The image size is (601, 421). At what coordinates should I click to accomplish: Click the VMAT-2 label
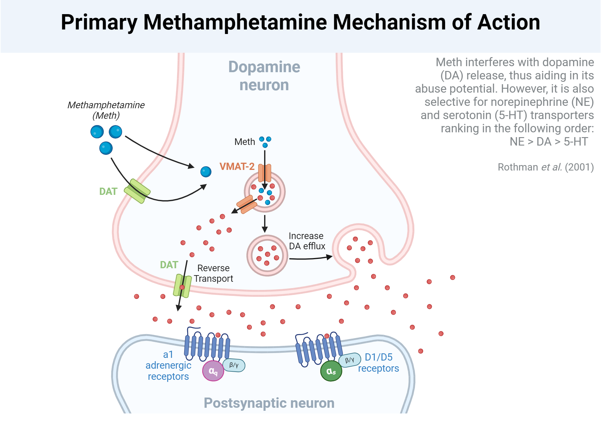pos(237,166)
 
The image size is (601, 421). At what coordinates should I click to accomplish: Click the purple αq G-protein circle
pos(213,371)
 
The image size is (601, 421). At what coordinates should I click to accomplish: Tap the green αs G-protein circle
pos(331,371)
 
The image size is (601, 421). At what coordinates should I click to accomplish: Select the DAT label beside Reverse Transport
pos(169,265)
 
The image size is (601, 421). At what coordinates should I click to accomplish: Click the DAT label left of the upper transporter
pos(108,191)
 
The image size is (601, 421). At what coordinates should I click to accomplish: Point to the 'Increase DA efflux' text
pos(307,241)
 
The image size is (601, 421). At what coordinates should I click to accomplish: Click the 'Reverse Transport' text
pos(213,273)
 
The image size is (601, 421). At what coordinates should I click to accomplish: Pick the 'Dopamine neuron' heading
pos(264,76)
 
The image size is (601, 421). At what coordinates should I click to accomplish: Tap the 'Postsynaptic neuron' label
pos(269,403)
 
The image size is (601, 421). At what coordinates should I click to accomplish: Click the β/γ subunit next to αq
pos(234,365)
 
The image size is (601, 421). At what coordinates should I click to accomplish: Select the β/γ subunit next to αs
pos(349,360)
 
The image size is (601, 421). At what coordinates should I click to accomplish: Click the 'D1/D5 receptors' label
pos(378,363)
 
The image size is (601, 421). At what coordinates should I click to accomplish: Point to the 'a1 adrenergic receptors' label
pos(168,365)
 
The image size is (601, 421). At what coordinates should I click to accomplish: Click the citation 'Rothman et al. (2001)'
pos(545,167)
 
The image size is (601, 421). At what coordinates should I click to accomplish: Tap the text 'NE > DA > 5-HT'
pos(549,141)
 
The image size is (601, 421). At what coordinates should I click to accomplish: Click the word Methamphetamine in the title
pos(235,22)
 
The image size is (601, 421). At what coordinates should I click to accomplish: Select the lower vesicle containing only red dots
pos(267,255)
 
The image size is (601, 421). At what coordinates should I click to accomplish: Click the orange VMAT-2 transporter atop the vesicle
pos(265,173)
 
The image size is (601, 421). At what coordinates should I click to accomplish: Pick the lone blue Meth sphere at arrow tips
pos(206,172)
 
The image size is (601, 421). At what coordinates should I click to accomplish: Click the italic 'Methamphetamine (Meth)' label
pos(106,110)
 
